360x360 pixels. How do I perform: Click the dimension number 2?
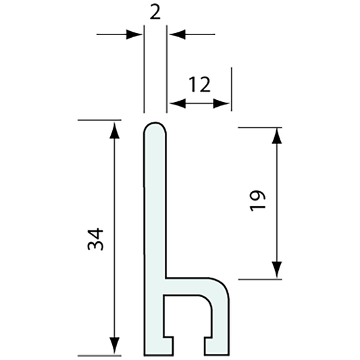click(155, 12)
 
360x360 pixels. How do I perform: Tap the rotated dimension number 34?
click(97, 238)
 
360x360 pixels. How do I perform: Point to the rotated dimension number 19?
click(258, 202)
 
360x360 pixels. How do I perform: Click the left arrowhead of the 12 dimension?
click(174, 103)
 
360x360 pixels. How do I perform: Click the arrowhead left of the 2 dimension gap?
click(137, 33)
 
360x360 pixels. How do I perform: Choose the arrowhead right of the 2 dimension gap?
click(174, 33)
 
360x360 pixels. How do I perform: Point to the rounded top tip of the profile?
click(155, 126)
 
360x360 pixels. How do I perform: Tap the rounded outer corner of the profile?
click(224, 284)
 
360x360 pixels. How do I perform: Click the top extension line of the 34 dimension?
click(101, 120)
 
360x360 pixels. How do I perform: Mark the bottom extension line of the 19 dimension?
click(260, 278)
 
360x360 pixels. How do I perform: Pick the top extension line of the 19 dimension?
click(260, 126)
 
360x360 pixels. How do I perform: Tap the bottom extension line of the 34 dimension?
click(101, 355)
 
